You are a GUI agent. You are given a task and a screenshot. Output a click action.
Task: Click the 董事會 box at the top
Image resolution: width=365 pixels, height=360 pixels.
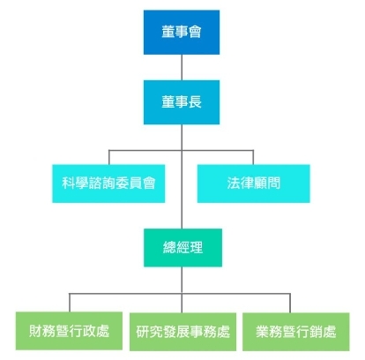pos(182,33)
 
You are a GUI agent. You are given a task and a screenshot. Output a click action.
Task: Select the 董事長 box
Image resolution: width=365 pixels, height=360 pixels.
pos(182,102)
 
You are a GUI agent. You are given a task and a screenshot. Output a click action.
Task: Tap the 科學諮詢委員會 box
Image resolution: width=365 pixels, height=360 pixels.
pos(108,184)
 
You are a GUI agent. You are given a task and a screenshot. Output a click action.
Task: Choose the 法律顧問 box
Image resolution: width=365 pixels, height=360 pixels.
pos(253,184)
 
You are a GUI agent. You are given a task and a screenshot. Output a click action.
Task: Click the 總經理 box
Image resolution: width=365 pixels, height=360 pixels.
pos(182,248)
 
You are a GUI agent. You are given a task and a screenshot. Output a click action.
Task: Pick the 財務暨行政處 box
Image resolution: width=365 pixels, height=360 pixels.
pos(69,331)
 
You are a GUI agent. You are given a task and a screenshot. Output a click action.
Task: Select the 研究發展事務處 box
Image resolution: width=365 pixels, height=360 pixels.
pos(182,332)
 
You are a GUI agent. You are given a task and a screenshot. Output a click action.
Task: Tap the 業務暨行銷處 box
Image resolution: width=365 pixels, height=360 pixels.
pos(296,332)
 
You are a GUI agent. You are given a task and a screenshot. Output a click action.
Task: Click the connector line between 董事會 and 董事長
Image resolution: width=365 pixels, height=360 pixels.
pos(182,67)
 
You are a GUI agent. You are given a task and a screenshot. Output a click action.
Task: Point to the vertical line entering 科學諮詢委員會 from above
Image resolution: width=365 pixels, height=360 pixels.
pos(109,157)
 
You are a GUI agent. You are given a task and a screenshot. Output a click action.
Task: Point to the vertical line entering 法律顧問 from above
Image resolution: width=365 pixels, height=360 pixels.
pos(253,157)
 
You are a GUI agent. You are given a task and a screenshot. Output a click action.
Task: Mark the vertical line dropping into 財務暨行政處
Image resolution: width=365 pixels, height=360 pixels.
pos(70,303)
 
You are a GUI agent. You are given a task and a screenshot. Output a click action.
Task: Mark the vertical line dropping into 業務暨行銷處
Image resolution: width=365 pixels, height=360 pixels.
pos(290,303)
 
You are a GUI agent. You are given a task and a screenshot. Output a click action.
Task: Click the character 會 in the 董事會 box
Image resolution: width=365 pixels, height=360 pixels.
pos(195,32)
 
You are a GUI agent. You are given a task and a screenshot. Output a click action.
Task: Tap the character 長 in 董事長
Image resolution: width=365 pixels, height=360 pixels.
pos(195,102)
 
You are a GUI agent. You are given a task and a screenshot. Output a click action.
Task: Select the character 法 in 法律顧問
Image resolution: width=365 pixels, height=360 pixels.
pos(234,184)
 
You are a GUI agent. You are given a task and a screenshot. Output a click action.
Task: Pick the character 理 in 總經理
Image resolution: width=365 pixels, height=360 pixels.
pos(196,248)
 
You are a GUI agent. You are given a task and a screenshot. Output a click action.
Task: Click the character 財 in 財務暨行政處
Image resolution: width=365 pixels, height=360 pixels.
pos(35,331)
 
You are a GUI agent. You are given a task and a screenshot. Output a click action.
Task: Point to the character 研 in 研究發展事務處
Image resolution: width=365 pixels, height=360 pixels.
pos(143,332)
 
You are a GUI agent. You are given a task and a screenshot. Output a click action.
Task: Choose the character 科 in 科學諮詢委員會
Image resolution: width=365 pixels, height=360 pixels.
pos(69,184)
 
